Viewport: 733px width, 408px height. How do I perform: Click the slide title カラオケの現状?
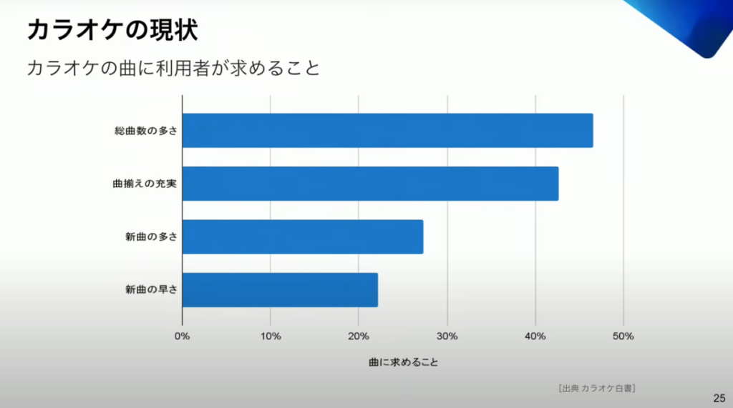click(x=112, y=31)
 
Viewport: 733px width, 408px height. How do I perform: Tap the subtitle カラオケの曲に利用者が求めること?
click(x=173, y=69)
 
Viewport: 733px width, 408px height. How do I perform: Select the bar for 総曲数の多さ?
click(x=387, y=130)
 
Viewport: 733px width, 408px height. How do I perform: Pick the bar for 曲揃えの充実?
click(x=370, y=184)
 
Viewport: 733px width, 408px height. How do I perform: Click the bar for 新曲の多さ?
click(x=303, y=237)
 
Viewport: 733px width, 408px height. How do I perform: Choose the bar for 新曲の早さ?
click(x=280, y=289)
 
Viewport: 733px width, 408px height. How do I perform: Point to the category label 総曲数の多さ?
click(x=145, y=131)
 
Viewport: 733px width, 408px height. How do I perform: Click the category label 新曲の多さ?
click(x=150, y=237)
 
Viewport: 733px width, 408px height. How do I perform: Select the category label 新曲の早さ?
click(x=150, y=289)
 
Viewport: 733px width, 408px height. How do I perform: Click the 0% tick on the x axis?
click(x=183, y=336)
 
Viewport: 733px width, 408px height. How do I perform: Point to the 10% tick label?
click(x=271, y=336)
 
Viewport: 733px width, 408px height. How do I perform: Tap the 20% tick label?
click(x=359, y=336)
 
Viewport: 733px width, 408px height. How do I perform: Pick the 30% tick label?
click(x=447, y=336)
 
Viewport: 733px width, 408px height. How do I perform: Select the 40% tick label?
click(x=535, y=336)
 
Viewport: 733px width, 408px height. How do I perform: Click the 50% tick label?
click(x=623, y=336)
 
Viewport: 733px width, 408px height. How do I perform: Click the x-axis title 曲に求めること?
click(x=403, y=362)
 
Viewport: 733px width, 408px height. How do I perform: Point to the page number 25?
click(x=719, y=398)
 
